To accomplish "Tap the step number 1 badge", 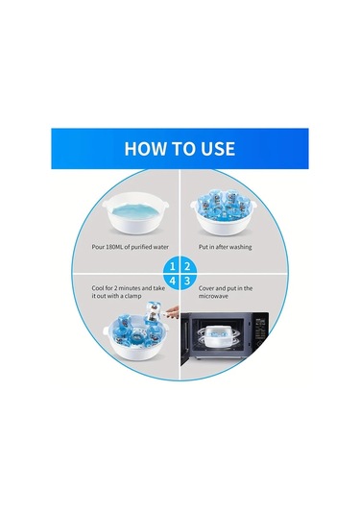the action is [172, 266].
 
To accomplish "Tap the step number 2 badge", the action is [188, 266].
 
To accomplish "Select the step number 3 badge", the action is [188, 281].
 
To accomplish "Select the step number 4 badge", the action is [172, 281].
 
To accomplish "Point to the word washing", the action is [240, 247].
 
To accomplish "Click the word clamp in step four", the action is [134, 296].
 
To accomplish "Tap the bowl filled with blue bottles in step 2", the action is [223, 215].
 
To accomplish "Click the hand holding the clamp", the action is [172, 311].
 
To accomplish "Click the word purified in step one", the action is [142, 247].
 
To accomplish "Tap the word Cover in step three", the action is [206, 288].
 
